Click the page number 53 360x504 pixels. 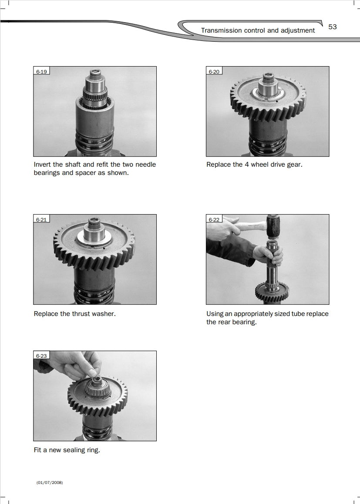332,27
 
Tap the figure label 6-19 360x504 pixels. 41,72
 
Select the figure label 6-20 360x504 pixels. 214,72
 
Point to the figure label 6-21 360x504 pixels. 41,219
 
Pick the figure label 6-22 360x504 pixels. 214,219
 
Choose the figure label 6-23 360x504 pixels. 41,356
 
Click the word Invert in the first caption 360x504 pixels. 42,164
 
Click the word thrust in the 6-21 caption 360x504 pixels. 81,314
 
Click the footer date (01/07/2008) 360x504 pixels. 50,483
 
